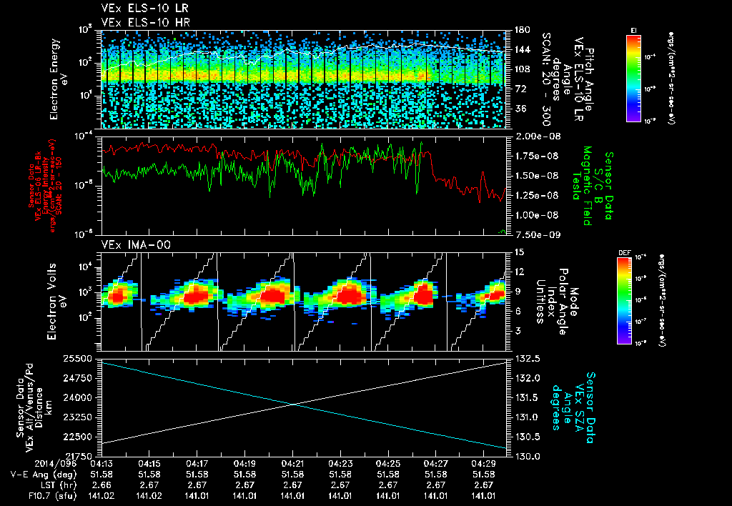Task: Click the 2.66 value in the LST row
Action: [x=102, y=485]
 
